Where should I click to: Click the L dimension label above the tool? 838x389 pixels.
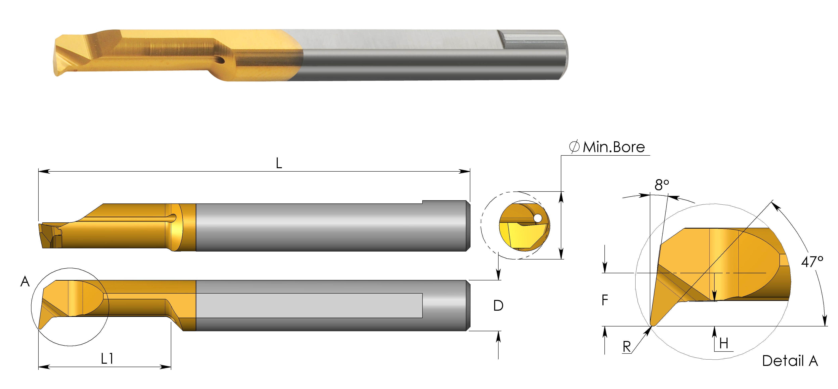pyautogui.click(x=279, y=163)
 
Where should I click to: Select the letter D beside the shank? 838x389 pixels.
pyautogui.click(x=498, y=306)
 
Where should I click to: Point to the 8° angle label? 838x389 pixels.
pyautogui.click(x=662, y=185)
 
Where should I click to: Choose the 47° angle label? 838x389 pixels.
pyautogui.click(x=812, y=262)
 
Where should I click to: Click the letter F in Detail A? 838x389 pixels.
pyautogui.click(x=605, y=300)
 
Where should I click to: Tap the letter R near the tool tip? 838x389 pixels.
pyautogui.click(x=627, y=346)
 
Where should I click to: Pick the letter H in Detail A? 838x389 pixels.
pyautogui.click(x=724, y=343)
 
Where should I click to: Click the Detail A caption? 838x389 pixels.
pyautogui.click(x=790, y=361)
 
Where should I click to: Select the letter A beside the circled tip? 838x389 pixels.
pyautogui.click(x=25, y=282)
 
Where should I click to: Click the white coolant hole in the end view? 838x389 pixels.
pyautogui.click(x=538, y=218)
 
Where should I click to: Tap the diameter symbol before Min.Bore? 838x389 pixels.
pyautogui.click(x=574, y=147)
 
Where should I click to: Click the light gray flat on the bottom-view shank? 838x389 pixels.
pyautogui.click(x=309, y=305)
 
